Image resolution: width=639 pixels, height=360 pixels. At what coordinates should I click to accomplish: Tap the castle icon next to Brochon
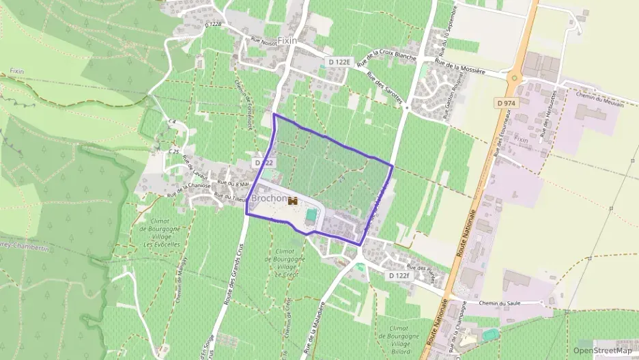pyautogui.click(x=294, y=201)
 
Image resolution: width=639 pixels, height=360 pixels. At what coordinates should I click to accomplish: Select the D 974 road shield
pyautogui.click(x=505, y=102)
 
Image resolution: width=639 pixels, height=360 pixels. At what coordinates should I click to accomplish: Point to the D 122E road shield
pyautogui.click(x=339, y=62)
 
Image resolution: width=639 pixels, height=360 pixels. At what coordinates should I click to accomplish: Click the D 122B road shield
pyautogui.click(x=214, y=24)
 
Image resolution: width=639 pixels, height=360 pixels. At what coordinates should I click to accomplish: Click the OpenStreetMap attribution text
pyautogui.click(x=602, y=350)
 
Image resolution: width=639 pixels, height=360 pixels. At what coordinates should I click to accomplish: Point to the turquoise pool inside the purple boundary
pyautogui.click(x=311, y=215)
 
